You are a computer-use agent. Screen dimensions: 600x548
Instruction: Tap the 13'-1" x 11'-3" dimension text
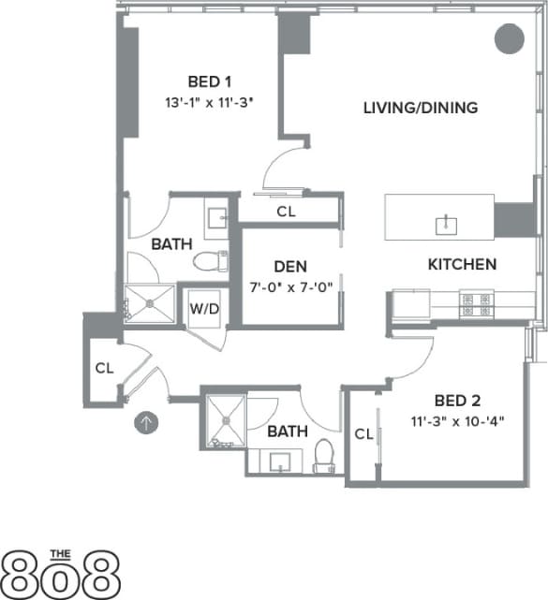click(208, 98)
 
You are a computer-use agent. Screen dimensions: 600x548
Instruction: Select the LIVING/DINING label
click(421, 108)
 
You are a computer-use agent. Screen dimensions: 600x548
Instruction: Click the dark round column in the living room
click(509, 38)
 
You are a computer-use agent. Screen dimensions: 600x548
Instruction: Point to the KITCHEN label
click(462, 264)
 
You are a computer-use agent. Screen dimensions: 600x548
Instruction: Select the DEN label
click(290, 266)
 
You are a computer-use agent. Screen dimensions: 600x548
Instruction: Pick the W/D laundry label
click(205, 307)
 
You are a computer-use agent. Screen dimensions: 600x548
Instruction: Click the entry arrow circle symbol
click(146, 422)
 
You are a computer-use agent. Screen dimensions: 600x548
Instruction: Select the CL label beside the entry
click(104, 368)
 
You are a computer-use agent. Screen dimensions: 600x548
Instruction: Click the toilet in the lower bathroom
click(324, 452)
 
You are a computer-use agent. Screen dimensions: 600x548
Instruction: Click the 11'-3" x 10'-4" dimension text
click(456, 420)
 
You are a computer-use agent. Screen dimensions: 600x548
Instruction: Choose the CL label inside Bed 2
click(365, 433)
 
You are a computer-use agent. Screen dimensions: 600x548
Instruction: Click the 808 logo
click(62, 572)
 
